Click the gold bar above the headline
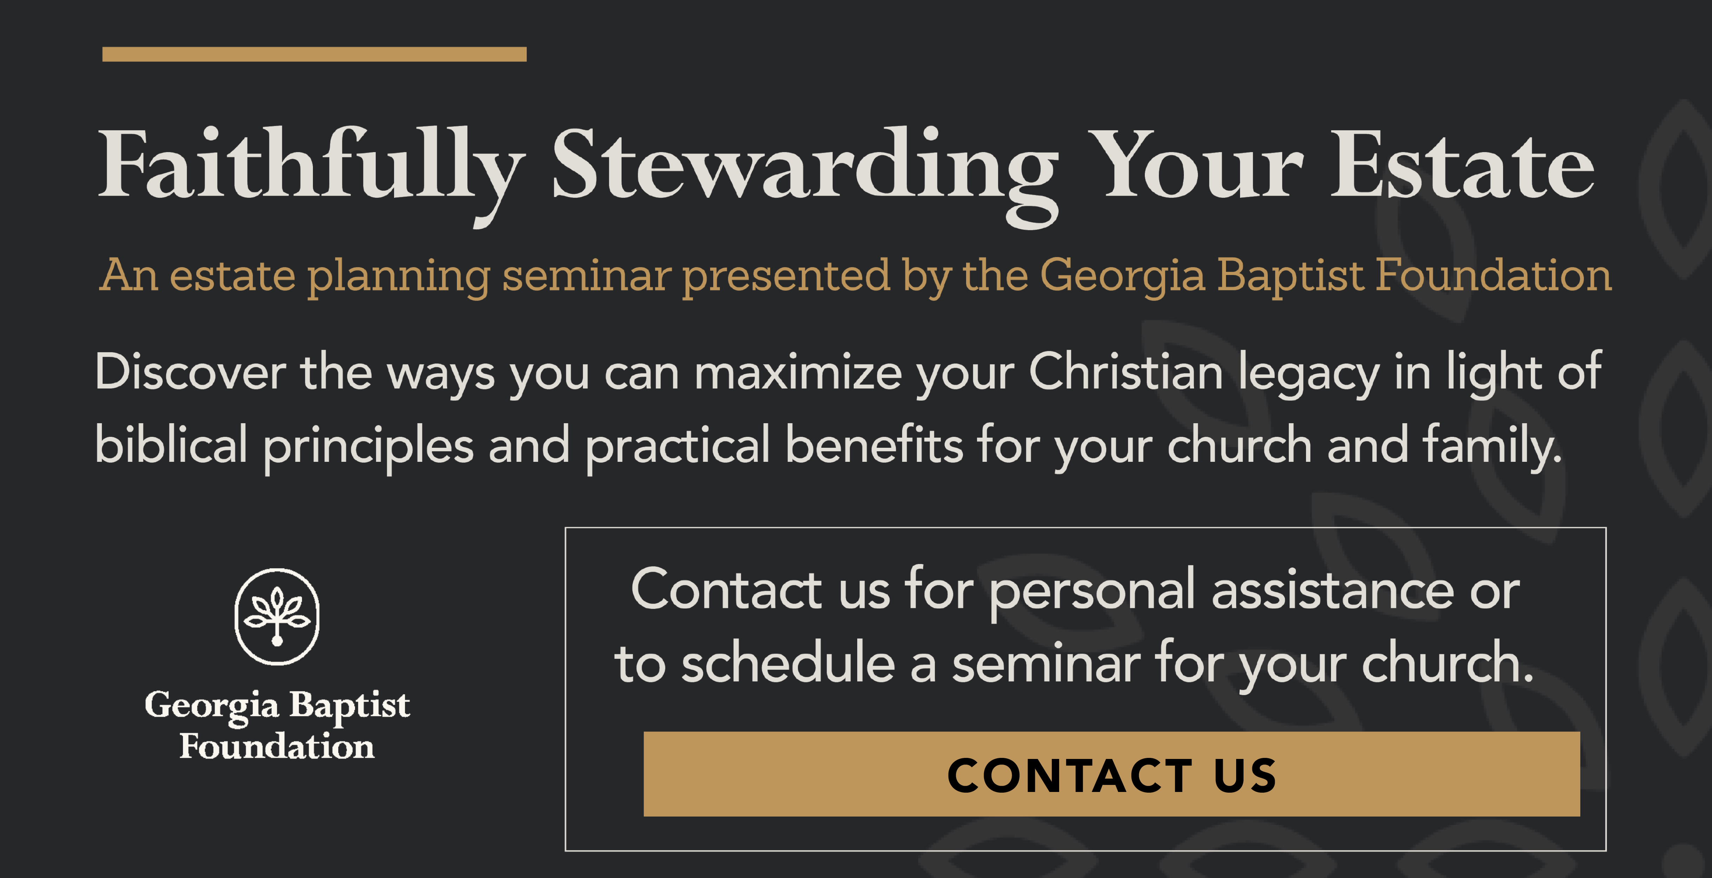pyautogui.click(x=314, y=54)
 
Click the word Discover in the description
pyautogui.click(x=191, y=372)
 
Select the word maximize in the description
pyautogui.click(x=798, y=372)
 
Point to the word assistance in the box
pyautogui.click(x=1332, y=590)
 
